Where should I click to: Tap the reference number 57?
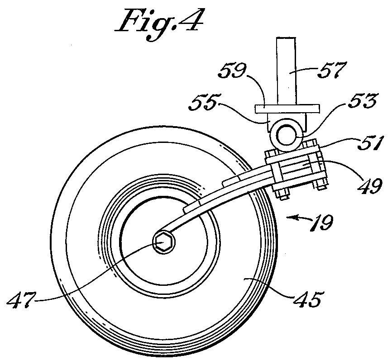332,71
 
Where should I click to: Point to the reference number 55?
202,102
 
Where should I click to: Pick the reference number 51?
369,142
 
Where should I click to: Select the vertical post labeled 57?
286,71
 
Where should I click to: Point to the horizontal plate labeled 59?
287,109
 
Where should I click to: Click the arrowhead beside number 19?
291,218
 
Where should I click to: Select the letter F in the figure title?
133,23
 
